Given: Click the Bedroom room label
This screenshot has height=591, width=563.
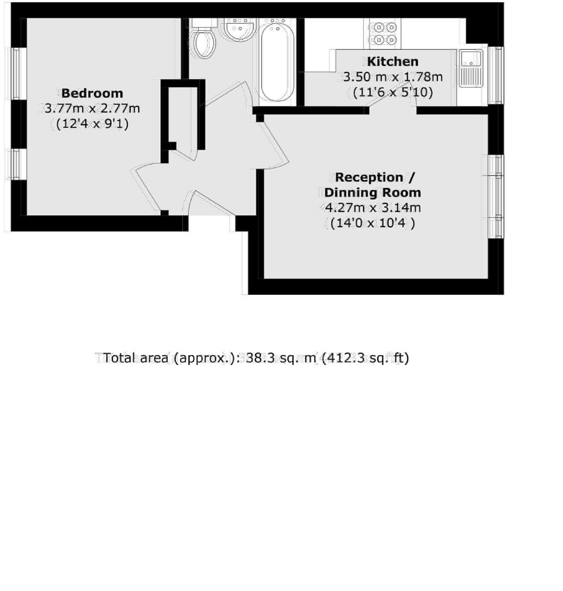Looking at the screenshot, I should click(92, 93).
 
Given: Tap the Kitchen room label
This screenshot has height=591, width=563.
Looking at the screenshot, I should click(392, 62).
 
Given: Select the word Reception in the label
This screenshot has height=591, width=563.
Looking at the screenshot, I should click(369, 178).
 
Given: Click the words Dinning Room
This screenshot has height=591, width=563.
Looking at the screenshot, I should click(373, 192).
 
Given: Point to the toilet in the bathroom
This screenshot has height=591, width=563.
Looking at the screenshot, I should click(203, 41).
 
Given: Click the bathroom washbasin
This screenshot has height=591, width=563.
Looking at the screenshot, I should click(238, 30).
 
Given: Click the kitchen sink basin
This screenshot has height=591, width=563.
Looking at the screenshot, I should click(469, 58).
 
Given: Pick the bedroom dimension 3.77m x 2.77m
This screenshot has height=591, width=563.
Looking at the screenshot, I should click(92, 108).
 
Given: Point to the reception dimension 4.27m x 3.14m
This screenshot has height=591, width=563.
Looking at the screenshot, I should click(372, 207).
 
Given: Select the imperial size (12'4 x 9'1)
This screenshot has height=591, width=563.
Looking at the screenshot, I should click(92, 124).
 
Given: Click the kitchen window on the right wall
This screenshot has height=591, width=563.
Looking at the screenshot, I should click(496, 75).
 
